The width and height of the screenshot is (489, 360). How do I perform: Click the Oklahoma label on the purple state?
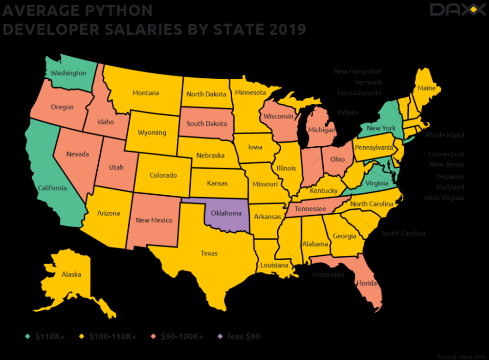[x=226, y=213]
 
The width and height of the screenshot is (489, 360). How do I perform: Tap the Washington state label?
[x=68, y=73]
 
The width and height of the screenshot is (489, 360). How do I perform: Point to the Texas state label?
[x=209, y=253]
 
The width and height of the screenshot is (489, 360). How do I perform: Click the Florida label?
[x=366, y=283]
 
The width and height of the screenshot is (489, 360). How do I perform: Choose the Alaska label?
[x=71, y=274]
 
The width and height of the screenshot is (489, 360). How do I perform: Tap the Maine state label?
[x=426, y=89]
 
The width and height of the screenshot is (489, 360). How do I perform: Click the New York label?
[x=381, y=128]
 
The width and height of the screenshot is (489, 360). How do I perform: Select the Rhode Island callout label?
[x=445, y=135]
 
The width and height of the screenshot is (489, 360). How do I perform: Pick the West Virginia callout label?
[x=444, y=198]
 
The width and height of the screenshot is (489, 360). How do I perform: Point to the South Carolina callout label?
[x=403, y=233]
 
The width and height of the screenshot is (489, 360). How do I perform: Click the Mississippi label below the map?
[x=328, y=275]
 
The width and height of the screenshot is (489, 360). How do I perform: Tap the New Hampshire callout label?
[x=357, y=71]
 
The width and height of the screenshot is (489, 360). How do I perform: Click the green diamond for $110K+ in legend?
[x=28, y=337]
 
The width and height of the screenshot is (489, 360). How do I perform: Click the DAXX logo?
[x=454, y=10]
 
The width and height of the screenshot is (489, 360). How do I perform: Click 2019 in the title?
[x=288, y=29]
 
